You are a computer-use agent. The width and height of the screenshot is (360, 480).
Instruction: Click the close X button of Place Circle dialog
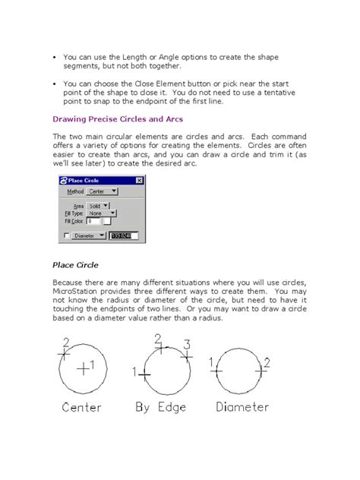tap(138, 181)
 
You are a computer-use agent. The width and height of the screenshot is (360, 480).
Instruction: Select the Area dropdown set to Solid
tap(99, 204)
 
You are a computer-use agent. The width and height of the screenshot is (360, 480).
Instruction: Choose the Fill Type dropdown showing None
tap(101, 213)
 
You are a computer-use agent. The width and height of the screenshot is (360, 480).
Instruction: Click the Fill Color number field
tap(95, 221)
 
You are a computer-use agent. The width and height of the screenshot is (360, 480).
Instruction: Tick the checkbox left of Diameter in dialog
tap(66, 235)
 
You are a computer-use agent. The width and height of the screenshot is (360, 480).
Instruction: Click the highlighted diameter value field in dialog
tap(124, 235)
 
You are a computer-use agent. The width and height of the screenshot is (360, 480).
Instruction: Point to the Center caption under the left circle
tap(81, 407)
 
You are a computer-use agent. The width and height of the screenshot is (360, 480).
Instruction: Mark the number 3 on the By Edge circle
tap(188, 344)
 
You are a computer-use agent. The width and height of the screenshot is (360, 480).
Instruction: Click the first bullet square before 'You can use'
tap(55, 56)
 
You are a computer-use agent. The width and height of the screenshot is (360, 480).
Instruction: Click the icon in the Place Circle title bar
tap(64, 181)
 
